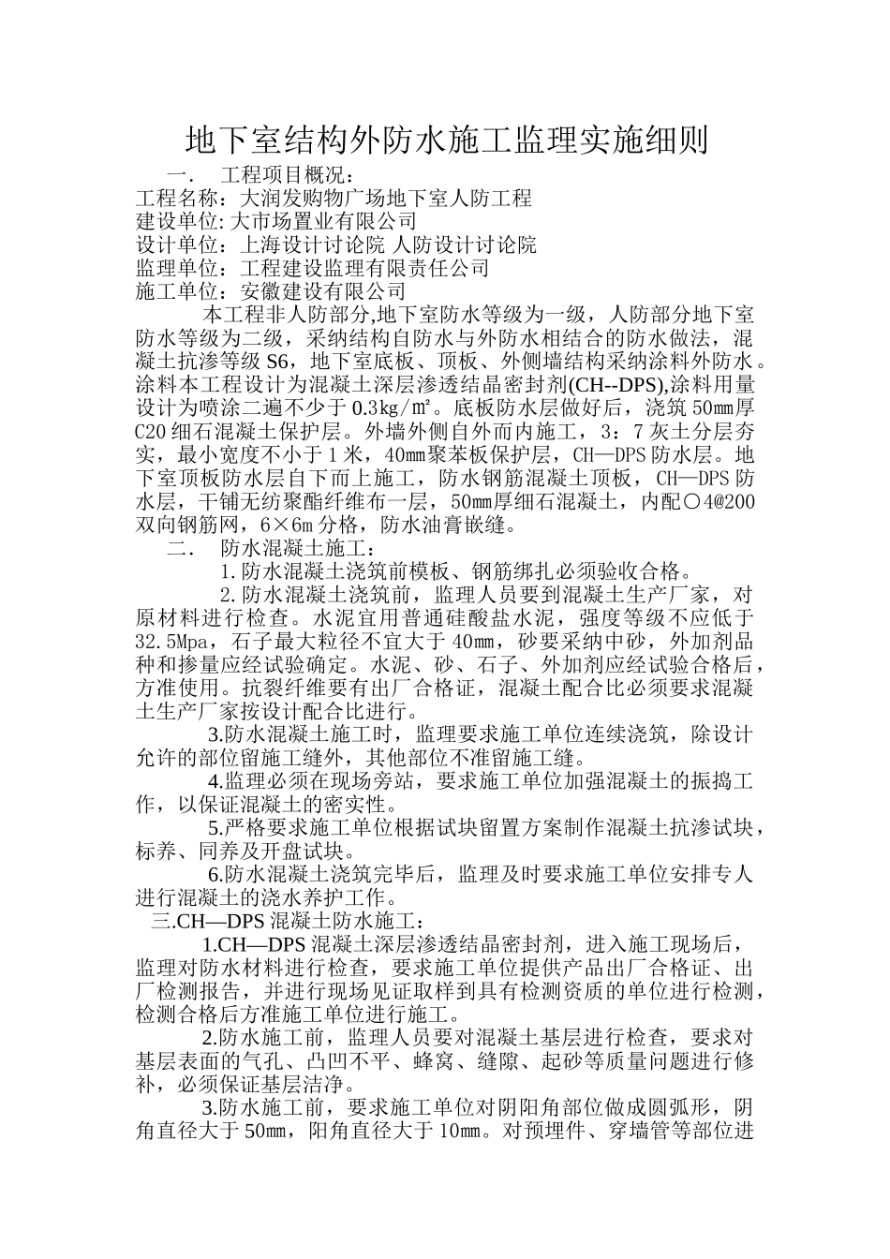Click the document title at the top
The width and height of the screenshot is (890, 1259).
pyautogui.click(x=445, y=141)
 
